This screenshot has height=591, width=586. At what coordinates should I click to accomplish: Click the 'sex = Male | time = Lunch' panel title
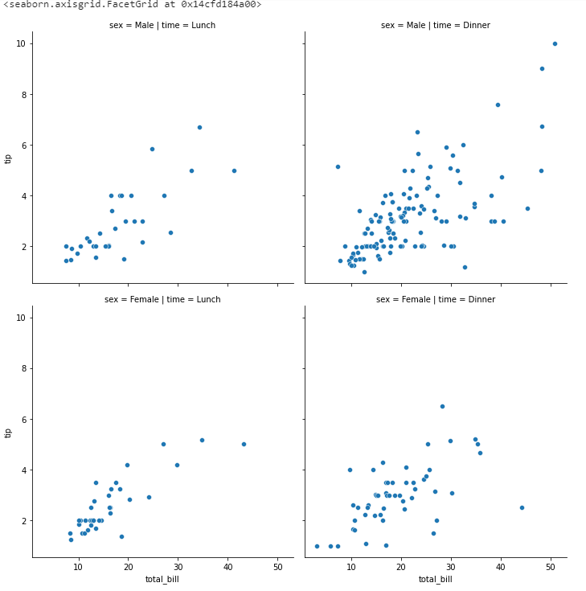click(x=162, y=25)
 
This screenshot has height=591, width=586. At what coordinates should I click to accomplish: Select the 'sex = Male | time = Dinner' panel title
click(x=436, y=25)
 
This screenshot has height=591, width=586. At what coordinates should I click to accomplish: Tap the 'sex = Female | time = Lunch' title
click(x=162, y=299)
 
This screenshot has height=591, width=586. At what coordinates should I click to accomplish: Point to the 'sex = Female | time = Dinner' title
click(x=436, y=299)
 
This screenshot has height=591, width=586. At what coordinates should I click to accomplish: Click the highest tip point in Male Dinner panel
click(x=555, y=43)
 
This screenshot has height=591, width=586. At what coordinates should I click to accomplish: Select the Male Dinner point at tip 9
click(x=542, y=68)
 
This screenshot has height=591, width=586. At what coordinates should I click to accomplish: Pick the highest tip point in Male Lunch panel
click(x=199, y=127)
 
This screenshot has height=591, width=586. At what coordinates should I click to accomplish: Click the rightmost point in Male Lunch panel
click(x=234, y=170)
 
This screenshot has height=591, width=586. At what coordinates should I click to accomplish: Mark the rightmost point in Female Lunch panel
click(x=244, y=444)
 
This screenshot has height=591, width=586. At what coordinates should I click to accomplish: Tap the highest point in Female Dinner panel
click(x=442, y=406)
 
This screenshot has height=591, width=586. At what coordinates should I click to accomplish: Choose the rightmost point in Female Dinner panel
click(x=522, y=507)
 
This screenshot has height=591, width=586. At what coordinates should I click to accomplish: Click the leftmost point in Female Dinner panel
click(x=317, y=546)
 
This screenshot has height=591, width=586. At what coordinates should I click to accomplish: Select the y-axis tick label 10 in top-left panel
click(x=21, y=43)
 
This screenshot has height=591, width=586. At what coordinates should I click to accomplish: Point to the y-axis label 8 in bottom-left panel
click(x=24, y=368)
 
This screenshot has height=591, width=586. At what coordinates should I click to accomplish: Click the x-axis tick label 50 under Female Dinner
click(x=551, y=567)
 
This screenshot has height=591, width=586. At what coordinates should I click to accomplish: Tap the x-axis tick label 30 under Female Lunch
click(x=178, y=567)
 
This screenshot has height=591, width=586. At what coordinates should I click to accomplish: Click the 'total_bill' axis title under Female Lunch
click(x=162, y=579)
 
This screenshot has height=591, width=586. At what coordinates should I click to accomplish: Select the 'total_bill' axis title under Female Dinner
click(x=435, y=579)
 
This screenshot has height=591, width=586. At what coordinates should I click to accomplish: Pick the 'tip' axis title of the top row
click(x=8, y=159)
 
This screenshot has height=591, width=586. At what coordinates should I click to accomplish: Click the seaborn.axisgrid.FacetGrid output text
click(x=132, y=5)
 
